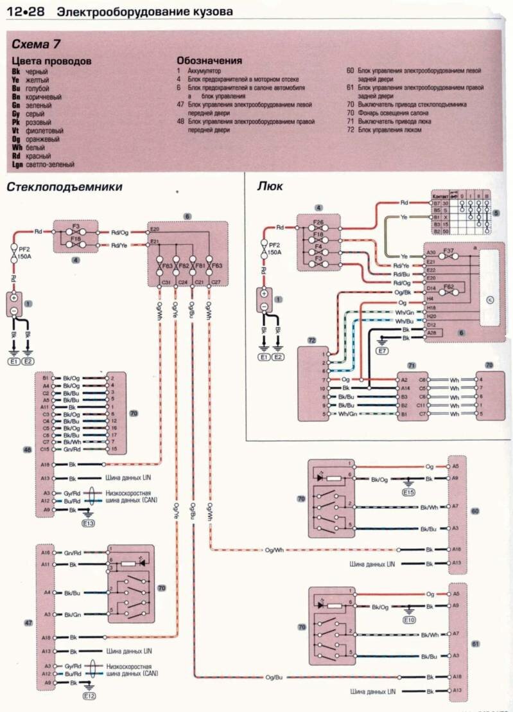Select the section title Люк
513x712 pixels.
(x=270, y=186)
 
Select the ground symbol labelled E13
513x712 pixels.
(x=88, y=523)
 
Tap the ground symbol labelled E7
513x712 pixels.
(x=382, y=351)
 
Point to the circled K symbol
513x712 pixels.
(x=490, y=299)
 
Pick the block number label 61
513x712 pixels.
(x=476, y=643)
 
